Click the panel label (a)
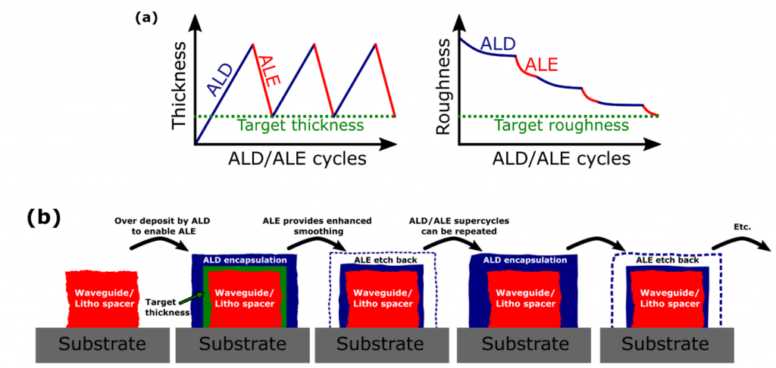(x=145, y=18)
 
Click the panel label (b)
(x=43, y=219)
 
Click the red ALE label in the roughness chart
(x=541, y=64)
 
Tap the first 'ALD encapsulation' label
(x=246, y=260)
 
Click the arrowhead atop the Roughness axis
(x=461, y=21)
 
